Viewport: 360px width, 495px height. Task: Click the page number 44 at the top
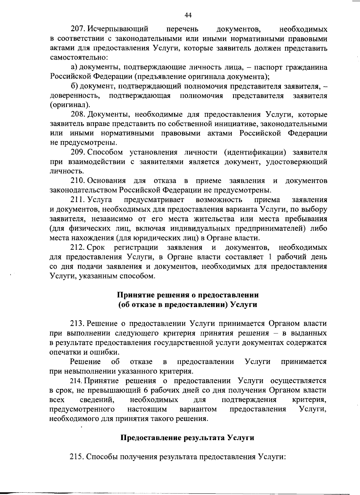[x=188, y=15]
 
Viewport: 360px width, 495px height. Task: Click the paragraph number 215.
[x=78, y=457]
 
